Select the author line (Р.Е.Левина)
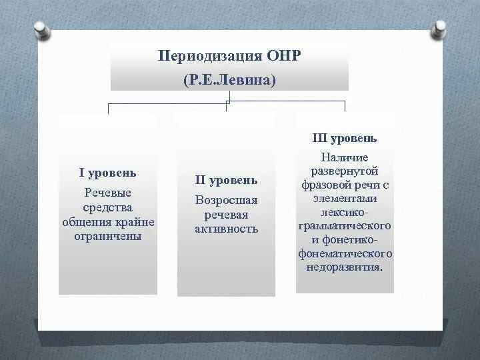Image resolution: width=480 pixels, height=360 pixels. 229,80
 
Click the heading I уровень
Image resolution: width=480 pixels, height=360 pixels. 107,173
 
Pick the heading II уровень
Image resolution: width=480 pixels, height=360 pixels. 225,180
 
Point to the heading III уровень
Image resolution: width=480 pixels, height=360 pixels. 344,139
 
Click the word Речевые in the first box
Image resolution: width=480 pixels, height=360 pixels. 107,193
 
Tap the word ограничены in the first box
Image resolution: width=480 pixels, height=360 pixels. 107,236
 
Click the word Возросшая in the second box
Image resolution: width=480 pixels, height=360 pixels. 225,200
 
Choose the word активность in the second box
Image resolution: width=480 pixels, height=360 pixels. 225,229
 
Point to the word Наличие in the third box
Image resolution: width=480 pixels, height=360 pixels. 344,157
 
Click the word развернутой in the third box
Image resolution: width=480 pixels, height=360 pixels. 344,171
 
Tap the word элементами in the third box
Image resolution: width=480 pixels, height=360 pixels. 344,199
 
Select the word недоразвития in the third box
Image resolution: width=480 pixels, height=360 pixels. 344,267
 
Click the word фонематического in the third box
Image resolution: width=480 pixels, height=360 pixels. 344,254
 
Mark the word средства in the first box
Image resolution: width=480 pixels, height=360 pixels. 107,207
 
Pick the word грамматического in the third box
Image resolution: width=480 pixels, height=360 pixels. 344,226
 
